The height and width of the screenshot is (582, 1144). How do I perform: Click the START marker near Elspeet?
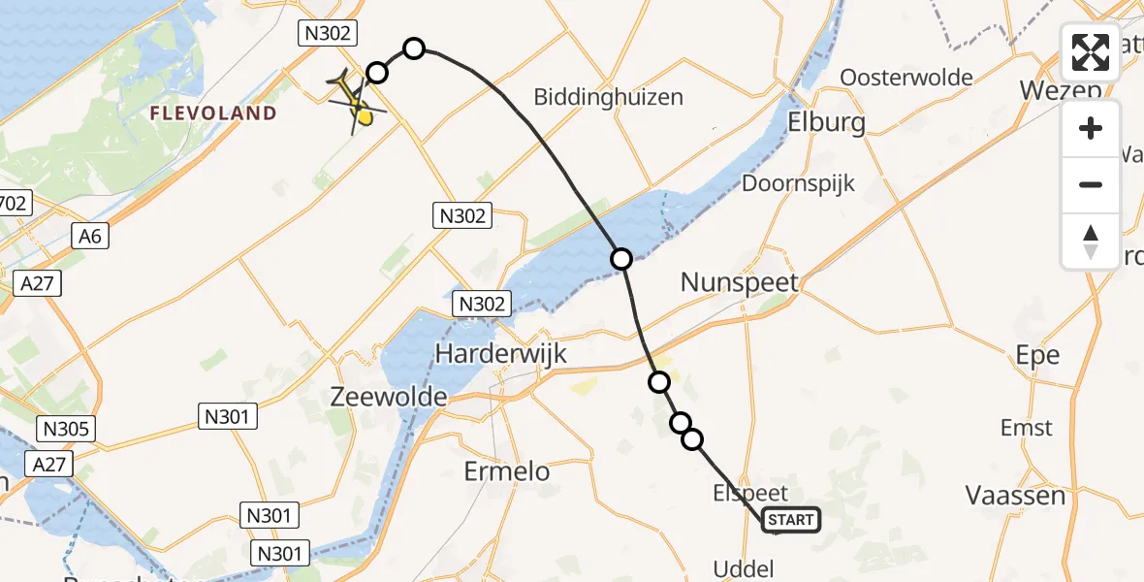[x=792, y=521]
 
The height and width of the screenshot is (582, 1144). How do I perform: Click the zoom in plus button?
[x=1091, y=128]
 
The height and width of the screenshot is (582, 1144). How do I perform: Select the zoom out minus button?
[x=1091, y=184]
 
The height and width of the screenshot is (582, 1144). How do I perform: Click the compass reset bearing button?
[x=1091, y=241]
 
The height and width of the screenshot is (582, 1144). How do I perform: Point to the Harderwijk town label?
[x=500, y=354]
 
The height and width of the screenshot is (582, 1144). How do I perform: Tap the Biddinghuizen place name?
[x=609, y=97]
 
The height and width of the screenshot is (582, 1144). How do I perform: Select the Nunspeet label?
[x=740, y=282]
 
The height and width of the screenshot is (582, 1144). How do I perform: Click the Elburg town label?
[x=826, y=123]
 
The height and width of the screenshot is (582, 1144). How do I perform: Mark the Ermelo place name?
[x=507, y=472]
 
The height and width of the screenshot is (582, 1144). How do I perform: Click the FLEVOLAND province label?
[x=213, y=113]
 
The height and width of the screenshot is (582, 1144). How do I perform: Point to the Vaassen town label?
[x=1015, y=496]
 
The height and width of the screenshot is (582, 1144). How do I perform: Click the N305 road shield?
[x=66, y=428]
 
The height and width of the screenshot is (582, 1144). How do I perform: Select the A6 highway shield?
[x=91, y=235]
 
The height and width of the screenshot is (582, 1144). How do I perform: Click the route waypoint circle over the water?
[x=621, y=258]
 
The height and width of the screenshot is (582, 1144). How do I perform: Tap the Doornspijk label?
[x=798, y=183]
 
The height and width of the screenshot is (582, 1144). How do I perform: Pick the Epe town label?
[x=1037, y=354]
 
